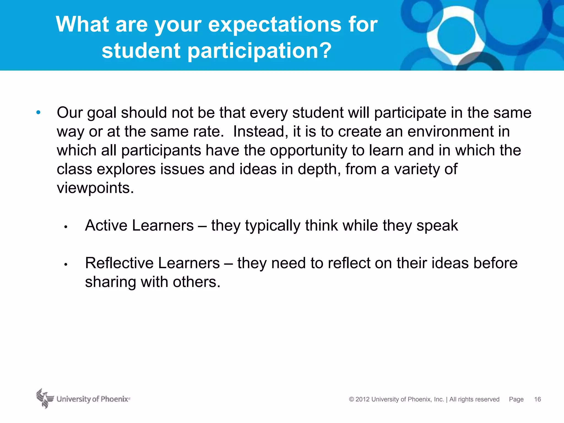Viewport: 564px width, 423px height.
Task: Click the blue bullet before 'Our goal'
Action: [x=38, y=112]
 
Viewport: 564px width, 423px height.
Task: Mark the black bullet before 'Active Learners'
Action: [x=66, y=227]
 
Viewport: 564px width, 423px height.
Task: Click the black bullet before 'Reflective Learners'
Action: [x=66, y=265]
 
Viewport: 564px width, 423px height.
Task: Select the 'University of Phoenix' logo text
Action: [x=93, y=399]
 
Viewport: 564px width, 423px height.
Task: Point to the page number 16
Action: [x=537, y=399]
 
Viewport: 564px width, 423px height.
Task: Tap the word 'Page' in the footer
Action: [x=516, y=399]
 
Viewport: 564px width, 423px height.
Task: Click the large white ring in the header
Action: [x=456, y=36]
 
